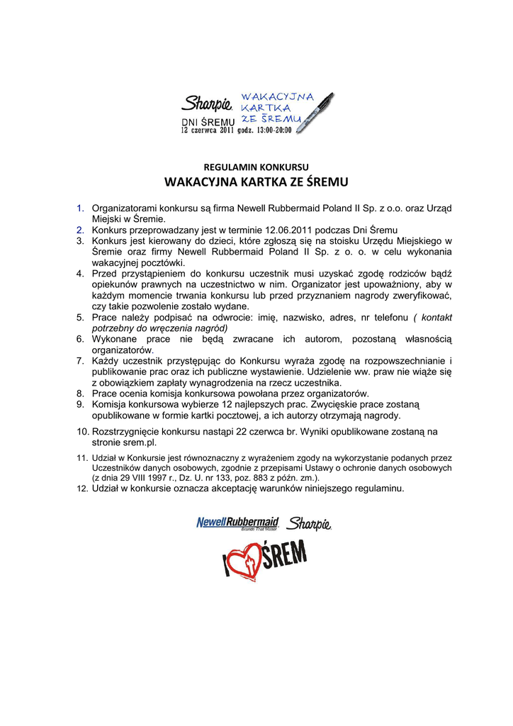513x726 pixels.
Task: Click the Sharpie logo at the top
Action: tap(207, 105)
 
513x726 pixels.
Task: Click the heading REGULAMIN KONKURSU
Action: tap(256, 167)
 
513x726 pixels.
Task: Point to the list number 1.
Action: tap(80, 208)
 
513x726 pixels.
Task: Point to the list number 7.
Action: tap(80, 361)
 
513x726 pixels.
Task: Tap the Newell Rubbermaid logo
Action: tap(237, 523)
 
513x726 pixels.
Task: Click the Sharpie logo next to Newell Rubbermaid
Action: tap(310, 524)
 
